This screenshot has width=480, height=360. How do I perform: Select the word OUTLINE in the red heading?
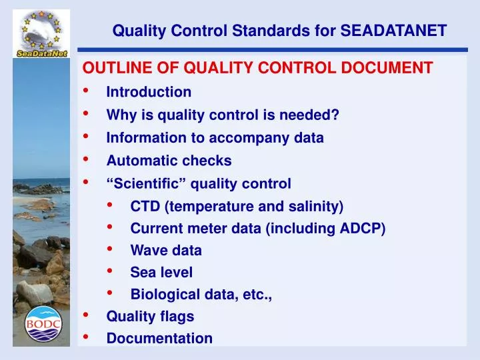pos(109,68)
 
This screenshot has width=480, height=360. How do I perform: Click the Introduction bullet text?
pos(149,92)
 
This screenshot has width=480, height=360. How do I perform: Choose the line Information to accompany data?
pos(215,138)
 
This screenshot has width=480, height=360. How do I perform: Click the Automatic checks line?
pos(169,161)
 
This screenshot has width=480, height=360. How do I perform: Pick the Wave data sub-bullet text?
pos(166,251)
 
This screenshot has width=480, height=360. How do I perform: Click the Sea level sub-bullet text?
pos(161,272)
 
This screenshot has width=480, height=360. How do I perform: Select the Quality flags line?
pos(150,316)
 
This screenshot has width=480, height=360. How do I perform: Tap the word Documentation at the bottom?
pos(159,338)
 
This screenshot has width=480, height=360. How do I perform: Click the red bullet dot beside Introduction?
pos(87,91)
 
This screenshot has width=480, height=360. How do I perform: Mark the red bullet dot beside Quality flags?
pos(87,315)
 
